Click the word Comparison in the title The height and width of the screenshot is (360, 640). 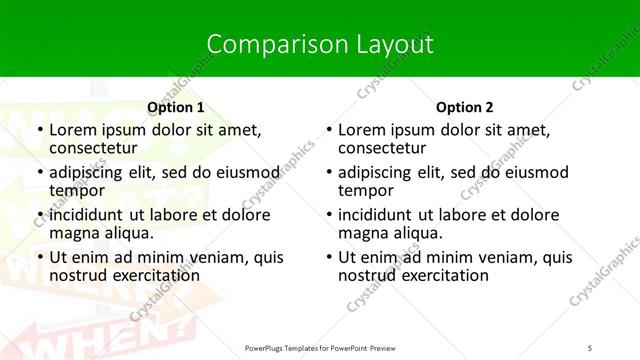click(266, 44)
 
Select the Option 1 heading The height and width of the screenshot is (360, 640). click(176, 107)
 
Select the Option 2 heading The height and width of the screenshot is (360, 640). click(465, 107)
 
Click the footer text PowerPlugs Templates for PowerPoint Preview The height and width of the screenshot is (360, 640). click(320, 347)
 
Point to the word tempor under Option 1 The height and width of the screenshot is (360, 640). click(78, 190)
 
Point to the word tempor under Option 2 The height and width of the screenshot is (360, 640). click(367, 190)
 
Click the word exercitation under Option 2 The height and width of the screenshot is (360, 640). click(447, 275)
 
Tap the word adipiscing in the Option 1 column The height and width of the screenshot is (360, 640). click(87, 172)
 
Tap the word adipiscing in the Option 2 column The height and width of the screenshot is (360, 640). click(376, 172)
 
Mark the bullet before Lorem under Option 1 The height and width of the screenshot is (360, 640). click(39, 131)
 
